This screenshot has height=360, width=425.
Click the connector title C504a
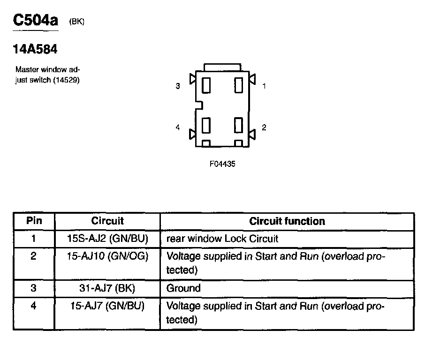35,21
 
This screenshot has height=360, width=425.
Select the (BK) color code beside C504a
77,22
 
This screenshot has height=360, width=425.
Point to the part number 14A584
35,48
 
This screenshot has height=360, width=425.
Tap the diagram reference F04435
222,165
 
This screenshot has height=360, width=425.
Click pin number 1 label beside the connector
264,86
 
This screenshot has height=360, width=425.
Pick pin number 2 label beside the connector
264,127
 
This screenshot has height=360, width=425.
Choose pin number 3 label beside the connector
178,86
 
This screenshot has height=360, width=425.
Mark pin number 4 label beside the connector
178,127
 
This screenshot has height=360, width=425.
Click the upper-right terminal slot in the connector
238,85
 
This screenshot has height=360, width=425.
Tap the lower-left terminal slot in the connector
205,126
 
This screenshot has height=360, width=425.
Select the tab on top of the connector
222,67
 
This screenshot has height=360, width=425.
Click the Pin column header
34,221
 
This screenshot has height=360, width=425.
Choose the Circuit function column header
287,221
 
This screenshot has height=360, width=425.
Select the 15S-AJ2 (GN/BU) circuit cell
107,239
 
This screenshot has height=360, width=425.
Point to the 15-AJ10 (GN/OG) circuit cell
107,256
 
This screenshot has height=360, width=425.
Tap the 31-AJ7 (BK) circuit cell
107,288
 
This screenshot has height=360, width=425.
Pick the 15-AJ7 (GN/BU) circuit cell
107,306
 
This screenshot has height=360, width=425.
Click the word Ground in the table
183,288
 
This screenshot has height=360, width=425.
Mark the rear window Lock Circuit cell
222,239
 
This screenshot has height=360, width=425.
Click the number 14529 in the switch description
68,80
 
